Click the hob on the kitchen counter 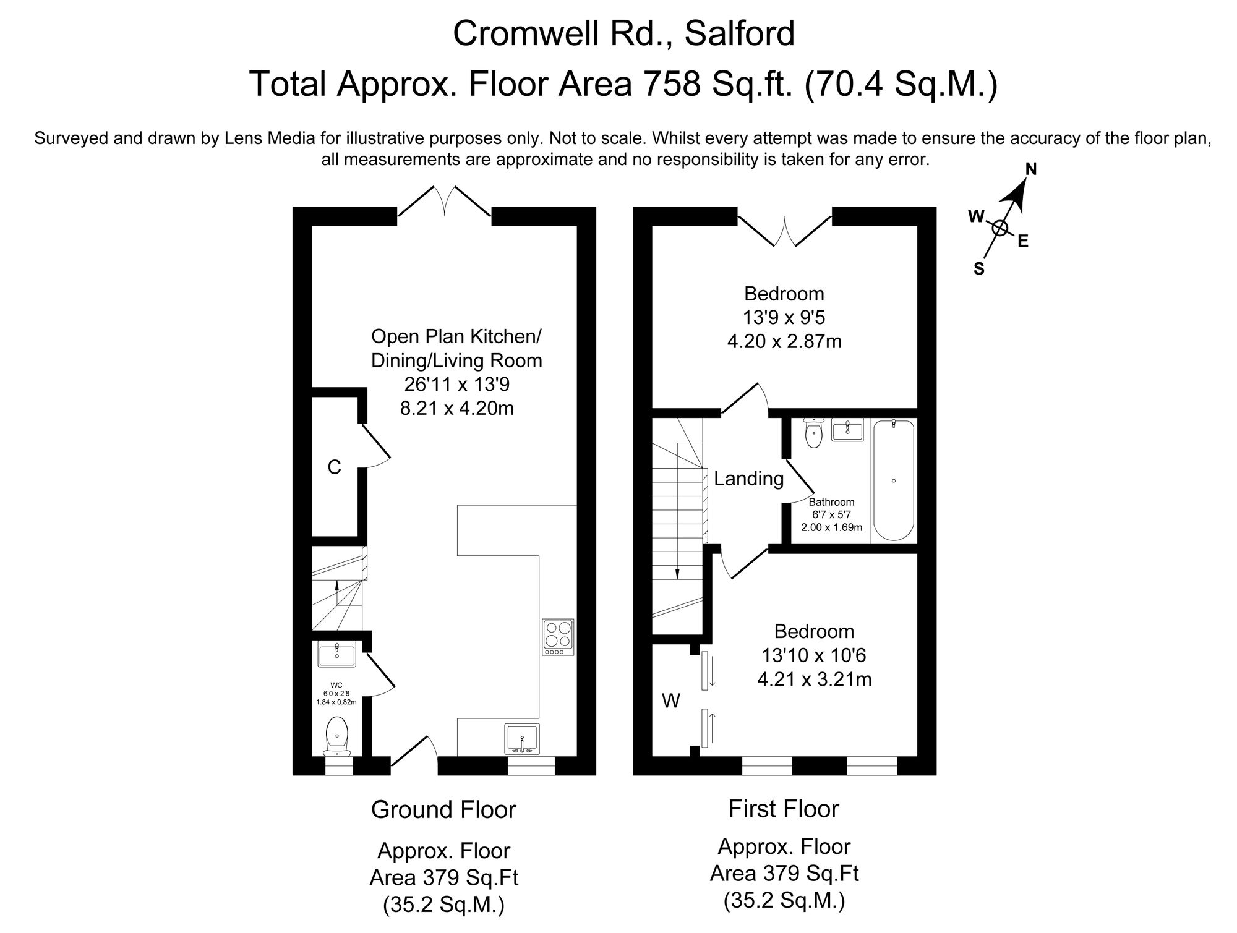pyautogui.click(x=559, y=637)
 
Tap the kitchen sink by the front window pyautogui.click(x=522, y=738)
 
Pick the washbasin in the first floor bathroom pyautogui.click(x=847, y=430)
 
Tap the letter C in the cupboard pyautogui.click(x=334, y=467)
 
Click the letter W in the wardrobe pyautogui.click(x=671, y=701)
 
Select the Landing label pyautogui.click(x=748, y=479)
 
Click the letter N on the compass pyautogui.click(x=1031, y=169)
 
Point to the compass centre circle pyautogui.click(x=999, y=228)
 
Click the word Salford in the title pyautogui.click(x=740, y=34)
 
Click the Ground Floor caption pyautogui.click(x=443, y=809)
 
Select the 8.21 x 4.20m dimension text pyautogui.click(x=457, y=408)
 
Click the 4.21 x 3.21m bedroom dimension pyautogui.click(x=814, y=680)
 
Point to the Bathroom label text pyautogui.click(x=831, y=502)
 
